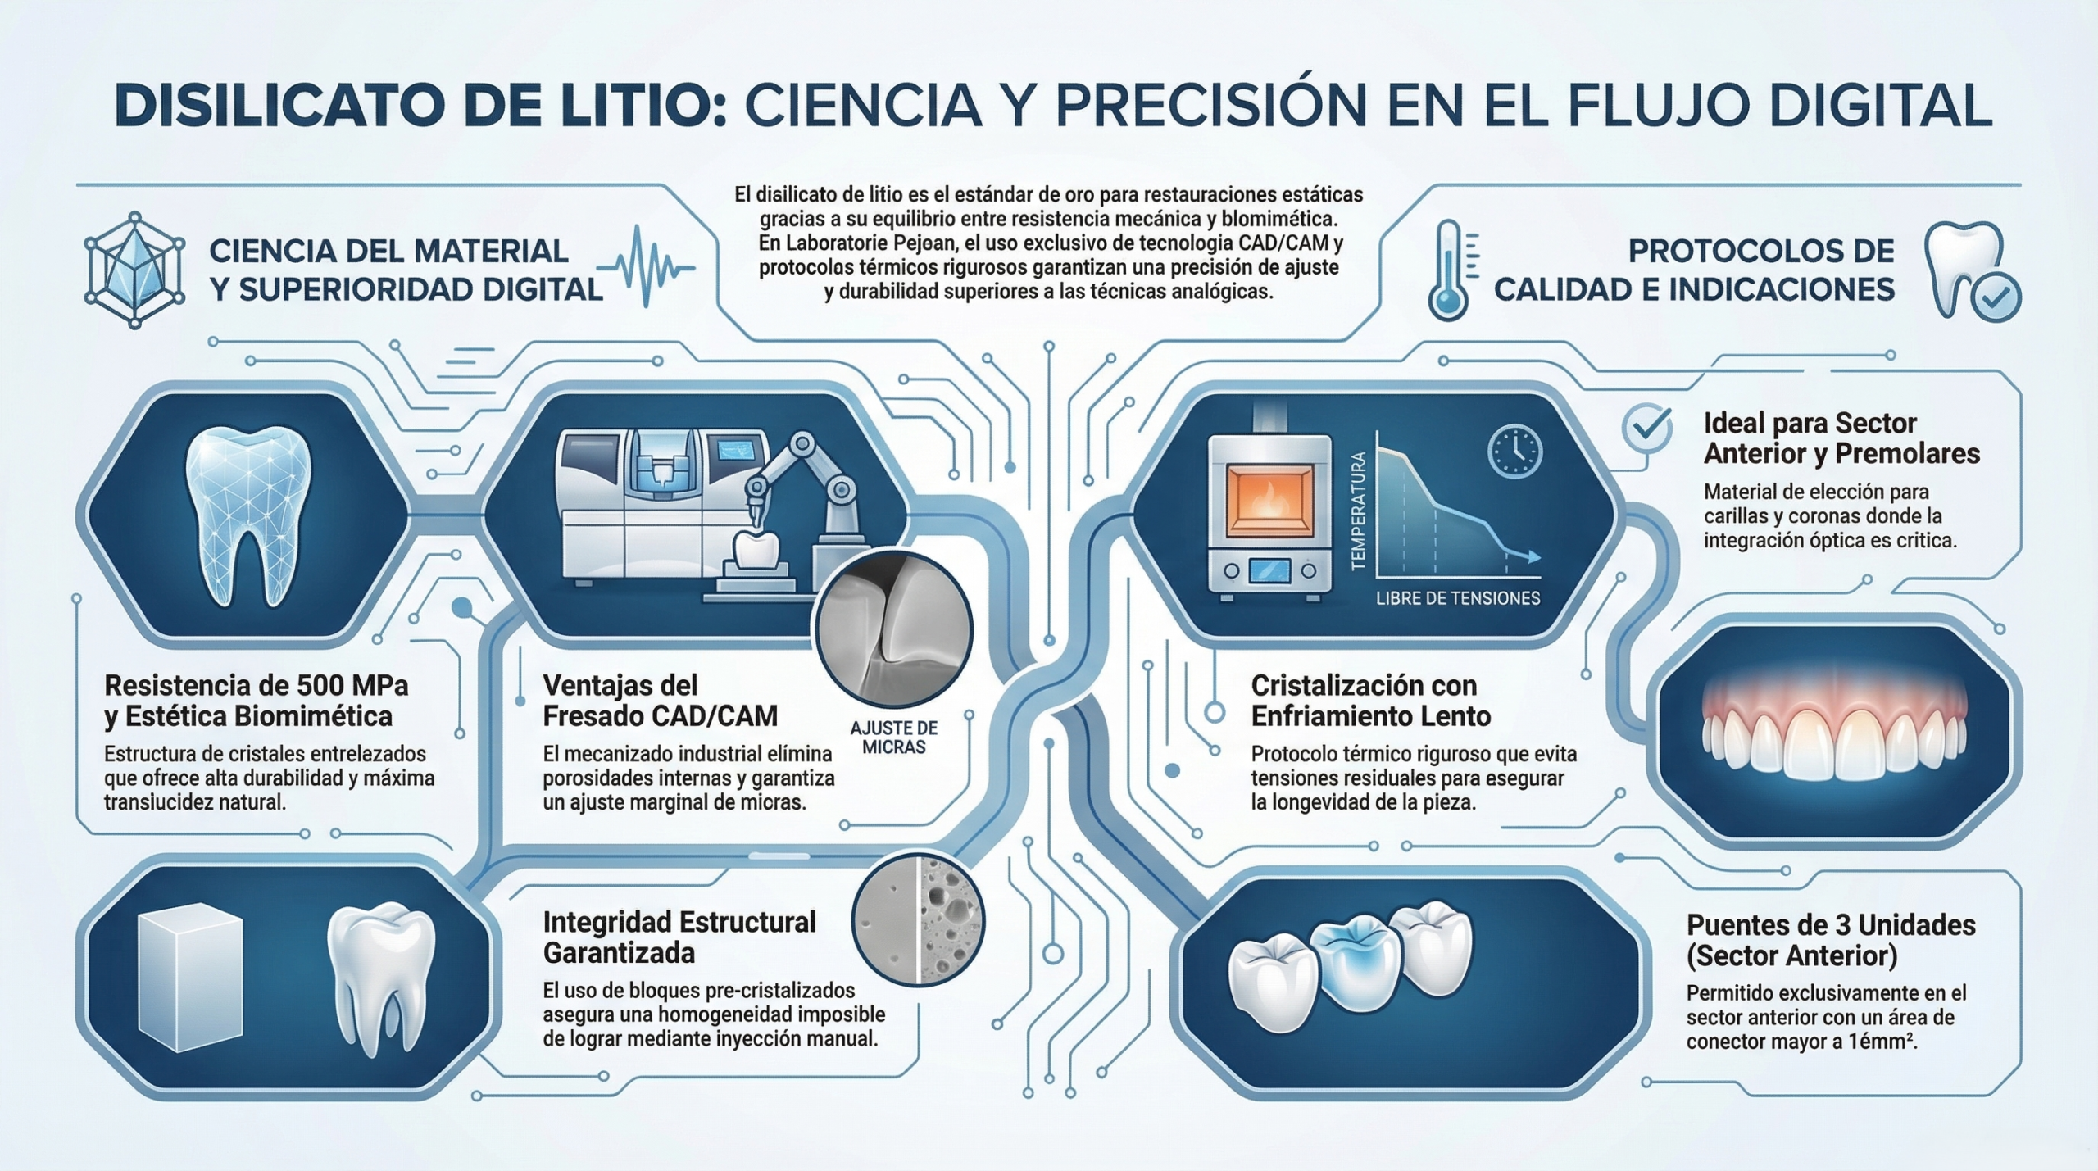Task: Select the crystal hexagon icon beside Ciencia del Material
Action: point(134,270)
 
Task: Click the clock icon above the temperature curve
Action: point(1514,452)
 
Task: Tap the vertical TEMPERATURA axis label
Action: point(1358,511)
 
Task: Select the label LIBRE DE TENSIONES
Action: point(1458,599)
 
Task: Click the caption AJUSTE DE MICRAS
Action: point(893,738)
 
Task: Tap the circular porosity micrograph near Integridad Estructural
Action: point(918,919)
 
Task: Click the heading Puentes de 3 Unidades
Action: point(1831,925)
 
